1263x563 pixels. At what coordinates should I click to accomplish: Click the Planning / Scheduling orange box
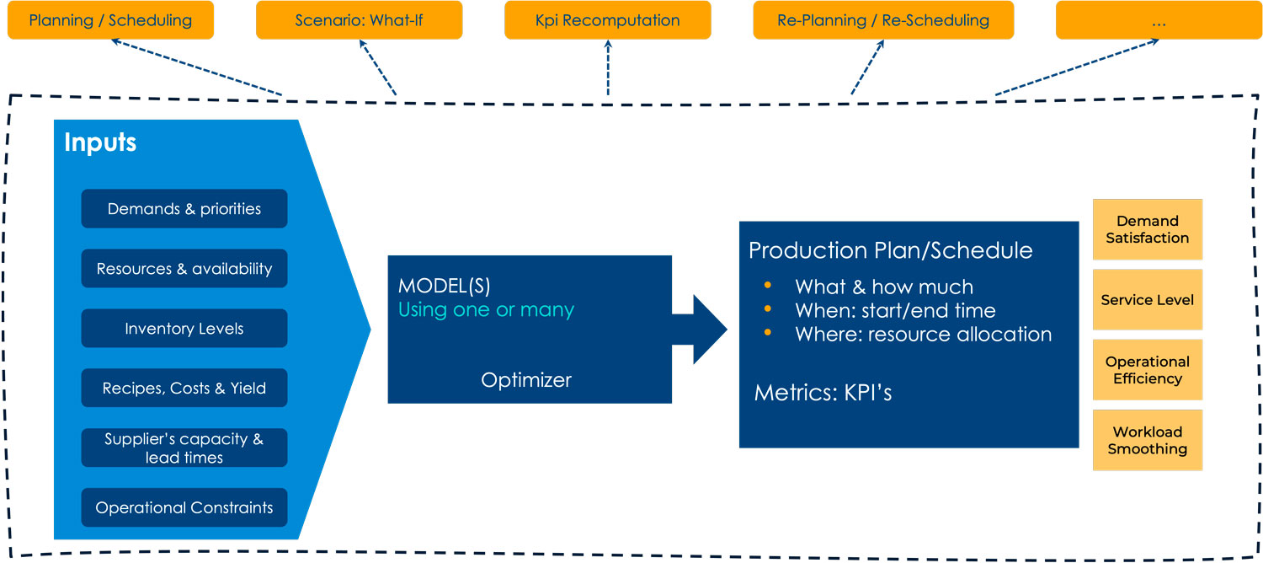coord(110,19)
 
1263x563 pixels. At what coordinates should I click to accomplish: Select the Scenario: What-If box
coord(360,19)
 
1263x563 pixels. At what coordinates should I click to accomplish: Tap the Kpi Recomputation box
coord(608,19)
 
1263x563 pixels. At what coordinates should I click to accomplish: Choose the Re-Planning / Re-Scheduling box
coord(883,19)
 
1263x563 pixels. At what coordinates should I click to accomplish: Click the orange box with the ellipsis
coord(1159,19)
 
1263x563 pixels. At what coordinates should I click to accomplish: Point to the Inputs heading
coord(100,142)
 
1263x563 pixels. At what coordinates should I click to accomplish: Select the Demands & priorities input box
coord(184,209)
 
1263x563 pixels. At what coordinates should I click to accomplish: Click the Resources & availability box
coord(184,269)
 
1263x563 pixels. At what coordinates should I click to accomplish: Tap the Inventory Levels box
coord(184,329)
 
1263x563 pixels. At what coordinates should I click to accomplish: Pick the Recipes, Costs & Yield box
coord(184,389)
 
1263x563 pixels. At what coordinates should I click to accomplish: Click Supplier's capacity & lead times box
coord(184,448)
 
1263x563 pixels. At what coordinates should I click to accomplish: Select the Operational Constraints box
coord(184,507)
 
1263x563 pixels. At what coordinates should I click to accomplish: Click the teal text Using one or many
coord(486,309)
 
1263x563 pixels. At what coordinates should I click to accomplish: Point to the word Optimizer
coord(526,379)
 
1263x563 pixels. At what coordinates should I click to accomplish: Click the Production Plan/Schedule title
coord(890,250)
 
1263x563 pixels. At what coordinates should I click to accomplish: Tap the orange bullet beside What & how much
coord(767,285)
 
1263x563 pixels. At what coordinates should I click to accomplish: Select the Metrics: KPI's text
coord(823,392)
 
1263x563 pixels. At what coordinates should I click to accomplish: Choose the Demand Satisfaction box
coord(1148,229)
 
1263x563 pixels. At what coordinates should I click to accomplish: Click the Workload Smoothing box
coord(1148,440)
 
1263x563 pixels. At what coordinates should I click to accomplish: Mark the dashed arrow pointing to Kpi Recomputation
coord(608,67)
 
